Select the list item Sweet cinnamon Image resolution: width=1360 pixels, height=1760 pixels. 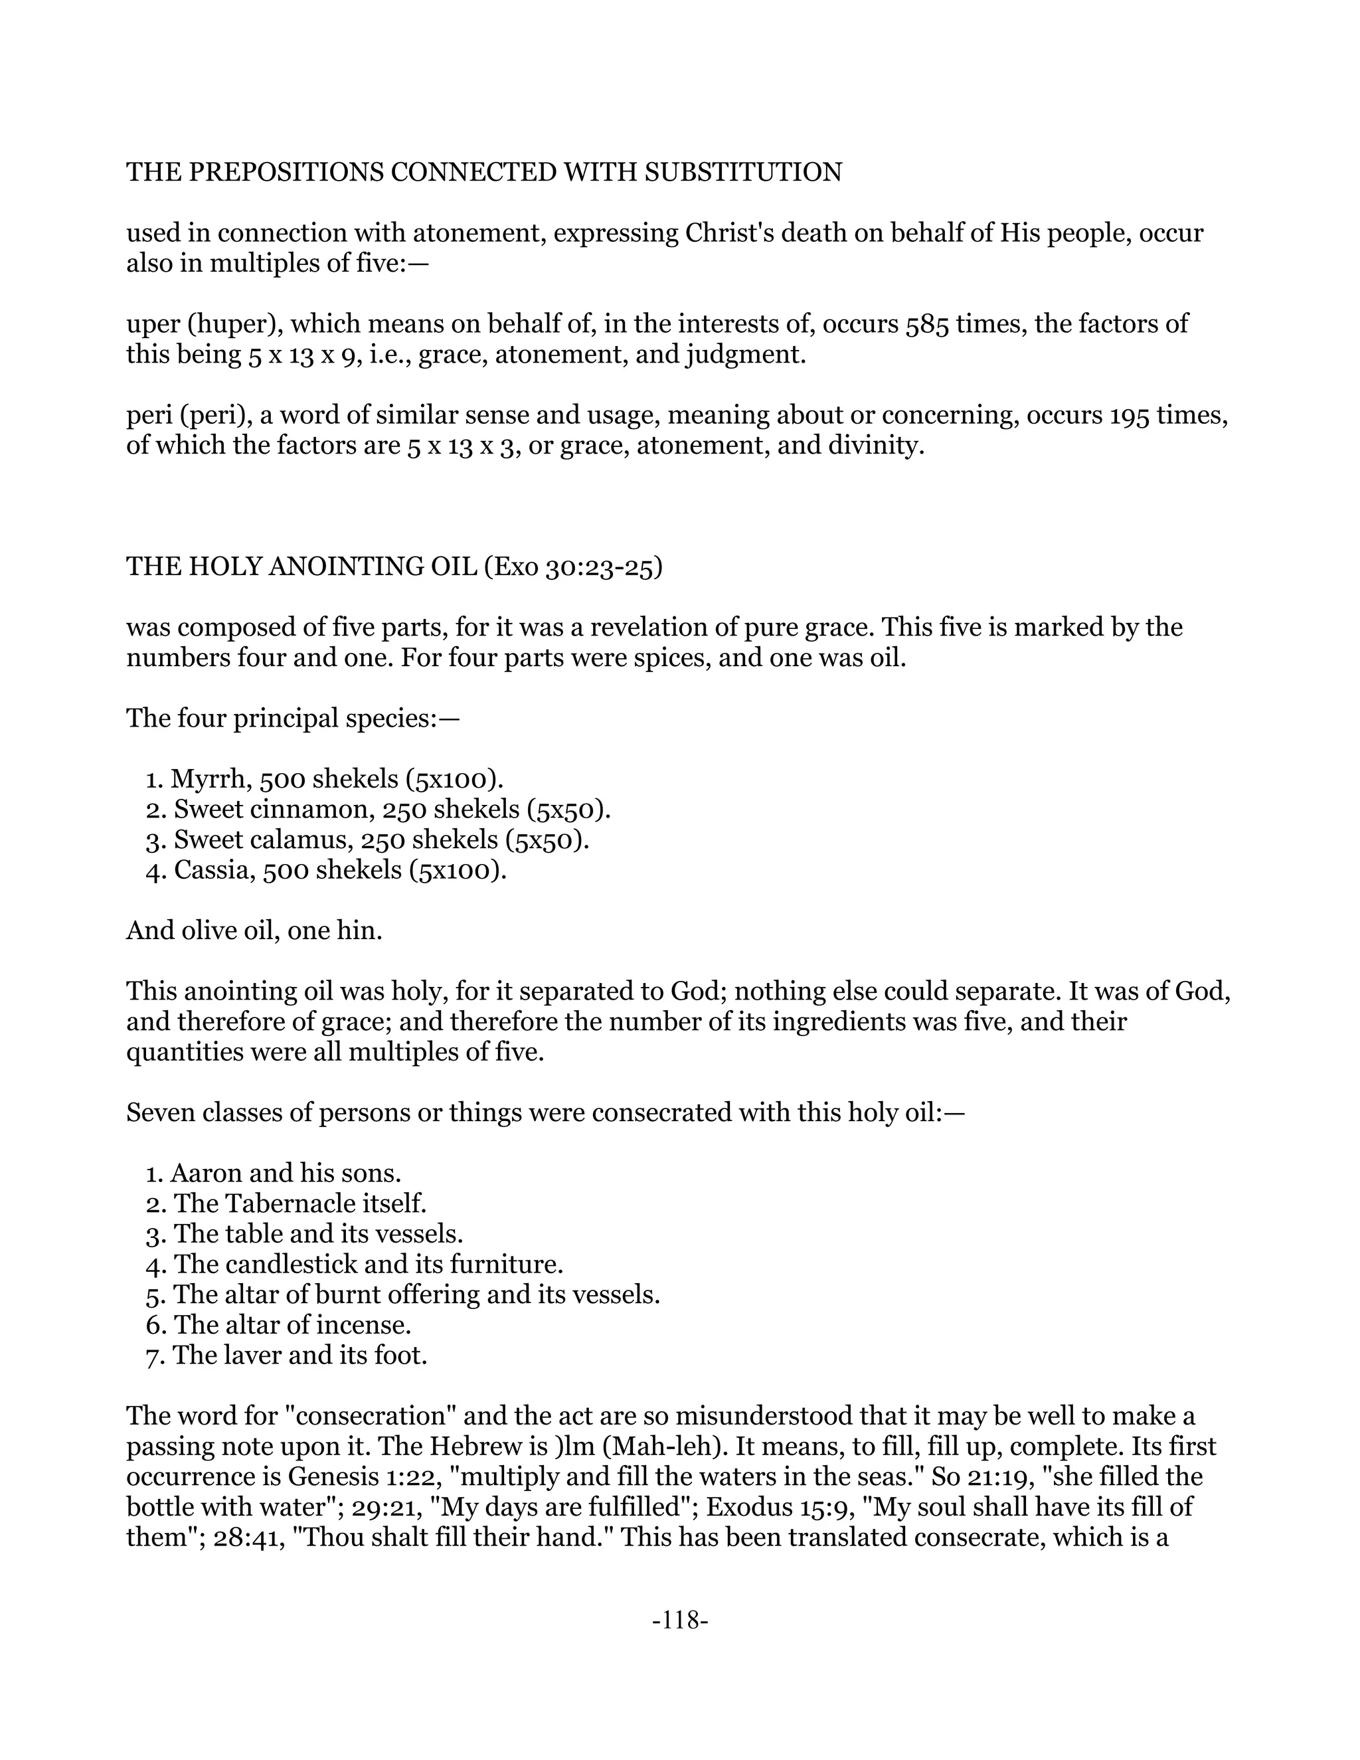(x=261, y=809)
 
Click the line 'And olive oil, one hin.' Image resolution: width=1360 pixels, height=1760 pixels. (x=254, y=930)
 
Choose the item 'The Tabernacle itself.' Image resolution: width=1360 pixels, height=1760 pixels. (x=299, y=1203)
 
